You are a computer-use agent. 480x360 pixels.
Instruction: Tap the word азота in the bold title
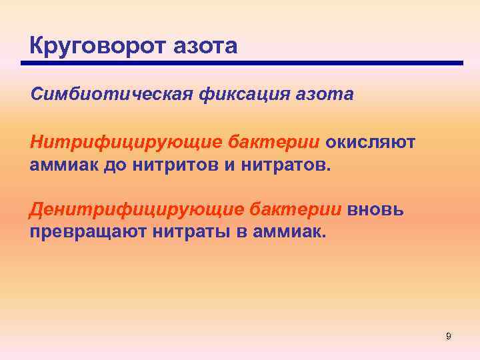coord(206,46)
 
